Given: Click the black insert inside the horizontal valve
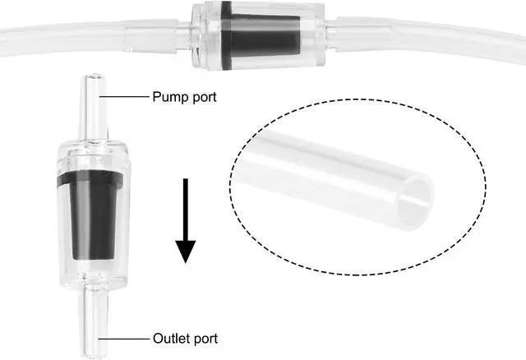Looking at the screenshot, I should pos(249,38).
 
